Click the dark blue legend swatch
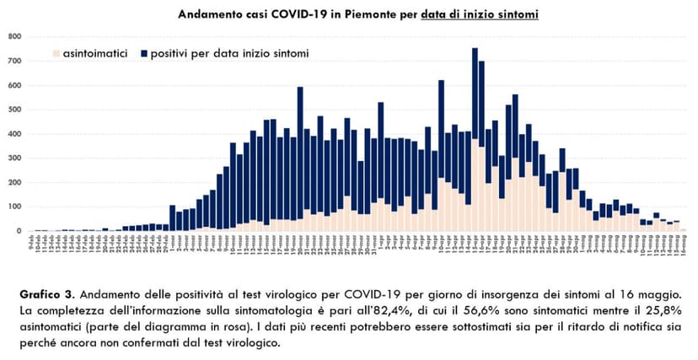click(x=144, y=53)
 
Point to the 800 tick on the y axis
click(x=15, y=36)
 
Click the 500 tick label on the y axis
click(x=15, y=110)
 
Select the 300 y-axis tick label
click(x=15, y=158)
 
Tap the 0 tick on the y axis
click(x=19, y=231)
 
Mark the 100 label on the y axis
click(x=15, y=207)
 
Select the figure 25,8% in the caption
click(x=663, y=313)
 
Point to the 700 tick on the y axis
click(x=15, y=61)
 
